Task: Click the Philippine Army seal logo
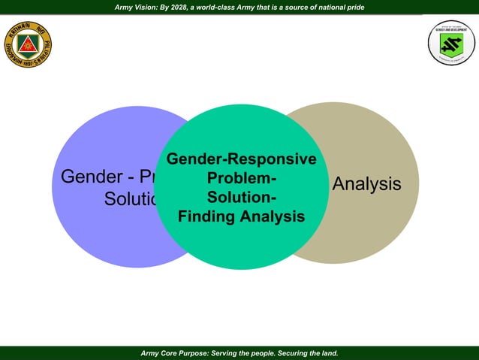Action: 28,43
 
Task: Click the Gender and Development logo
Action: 451,43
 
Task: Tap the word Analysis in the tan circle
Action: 366,184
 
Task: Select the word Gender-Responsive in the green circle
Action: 241,160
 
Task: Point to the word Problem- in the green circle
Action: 241,180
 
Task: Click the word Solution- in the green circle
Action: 241,198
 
